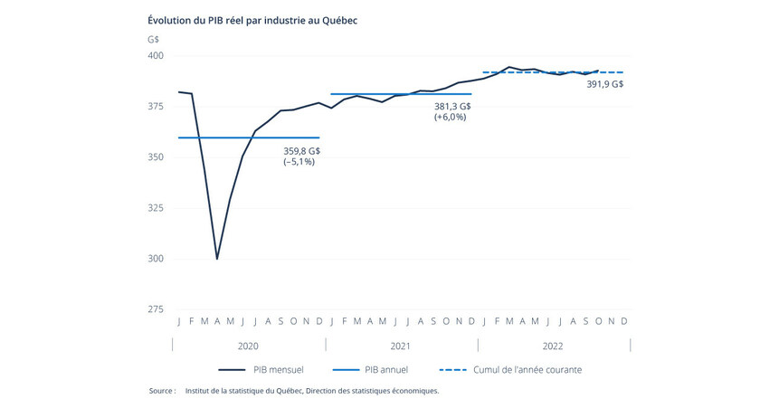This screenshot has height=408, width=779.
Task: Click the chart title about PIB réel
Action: tap(252, 20)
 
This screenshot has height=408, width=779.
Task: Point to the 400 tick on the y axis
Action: tap(156, 56)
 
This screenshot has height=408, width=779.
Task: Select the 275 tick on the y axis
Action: tap(156, 309)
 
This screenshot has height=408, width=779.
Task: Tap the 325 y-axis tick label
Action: tap(156, 208)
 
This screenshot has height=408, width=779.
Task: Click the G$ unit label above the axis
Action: tap(153, 39)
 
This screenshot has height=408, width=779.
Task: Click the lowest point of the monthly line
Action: tap(217, 259)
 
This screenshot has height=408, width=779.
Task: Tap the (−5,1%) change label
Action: tap(299, 162)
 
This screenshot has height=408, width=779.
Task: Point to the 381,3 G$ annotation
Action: tap(452, 106)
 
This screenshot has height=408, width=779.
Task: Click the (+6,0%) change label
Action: tap(450, 118)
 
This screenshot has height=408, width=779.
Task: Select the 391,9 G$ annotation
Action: tap(604, 84)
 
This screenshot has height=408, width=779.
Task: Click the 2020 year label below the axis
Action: tap(248, 346)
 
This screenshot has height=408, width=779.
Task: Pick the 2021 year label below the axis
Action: tap(401, 346)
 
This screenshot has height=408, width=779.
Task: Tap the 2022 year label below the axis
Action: tap(554, 346)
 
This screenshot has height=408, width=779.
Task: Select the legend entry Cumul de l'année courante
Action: tap(527, 370)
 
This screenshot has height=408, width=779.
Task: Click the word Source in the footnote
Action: tap(162, 392)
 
